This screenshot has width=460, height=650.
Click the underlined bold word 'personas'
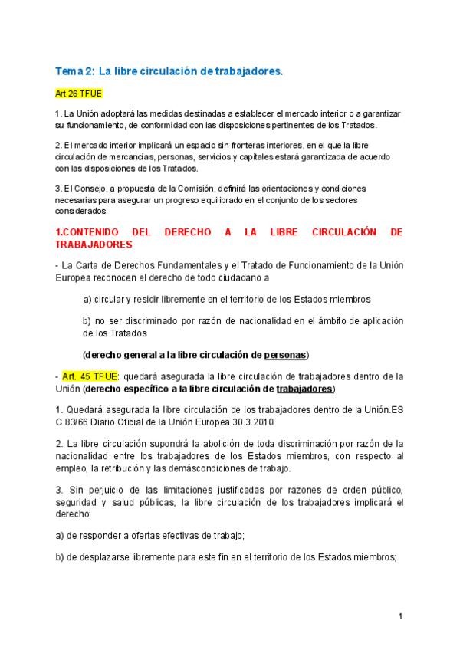285,355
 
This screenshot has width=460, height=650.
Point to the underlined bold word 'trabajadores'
305,389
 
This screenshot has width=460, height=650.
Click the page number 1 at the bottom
400,616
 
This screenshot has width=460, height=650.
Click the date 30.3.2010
250,422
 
